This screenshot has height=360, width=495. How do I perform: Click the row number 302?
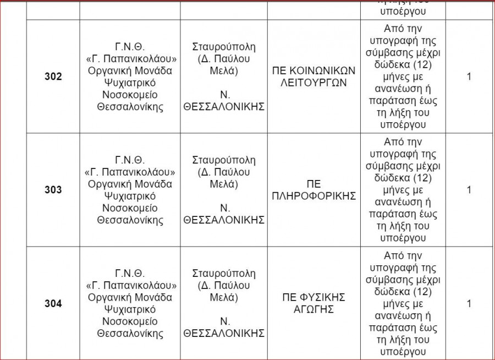pyautogui.click(x=53, y=77)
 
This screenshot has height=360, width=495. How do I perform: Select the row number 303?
pyautogui.click(x=53, y=190)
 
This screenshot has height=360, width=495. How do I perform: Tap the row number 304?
pyautogui.click(x=53, y=304)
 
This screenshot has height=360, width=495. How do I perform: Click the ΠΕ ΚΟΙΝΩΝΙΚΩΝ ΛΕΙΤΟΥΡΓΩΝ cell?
pyautogui.click(x=314, y=77)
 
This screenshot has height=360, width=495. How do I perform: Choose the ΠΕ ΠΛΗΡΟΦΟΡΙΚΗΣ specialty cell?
pyautogui.click(x=314, y=190)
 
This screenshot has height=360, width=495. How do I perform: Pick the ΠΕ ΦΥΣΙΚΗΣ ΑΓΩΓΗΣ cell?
pyautogui.click(x=314, y=304)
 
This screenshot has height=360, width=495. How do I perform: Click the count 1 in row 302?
pyautogui.click(x=469, y=77)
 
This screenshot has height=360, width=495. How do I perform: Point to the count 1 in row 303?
pyautogui.click(x=469, y=190)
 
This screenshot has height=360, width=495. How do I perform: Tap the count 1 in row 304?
pyautogui.click(x=469, y=304)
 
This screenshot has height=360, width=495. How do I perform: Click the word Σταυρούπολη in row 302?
pyautogui.click(x=224, y=47)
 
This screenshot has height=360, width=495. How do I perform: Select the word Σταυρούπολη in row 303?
pyautogui.click(x=224, y=160)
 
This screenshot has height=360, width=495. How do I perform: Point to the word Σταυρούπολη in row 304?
pyautogui.click(x=224, y=274)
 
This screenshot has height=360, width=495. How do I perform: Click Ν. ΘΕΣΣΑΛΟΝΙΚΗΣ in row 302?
pyautogui.click(x=224, y=101)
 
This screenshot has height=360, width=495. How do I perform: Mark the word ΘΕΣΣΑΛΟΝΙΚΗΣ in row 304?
pyautogui.click(x=224, y=334)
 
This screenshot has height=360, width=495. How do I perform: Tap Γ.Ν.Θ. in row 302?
pyautogui.click(x=130, y=47)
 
